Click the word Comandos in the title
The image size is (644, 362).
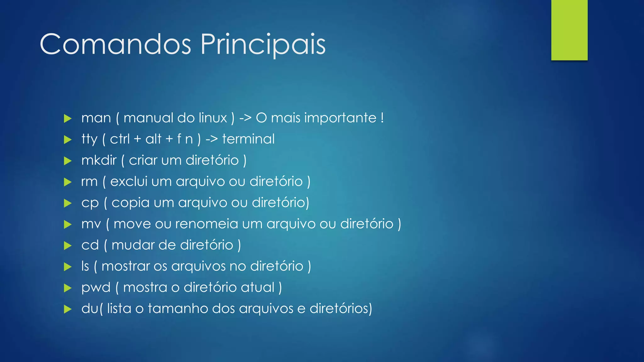pos(115,45)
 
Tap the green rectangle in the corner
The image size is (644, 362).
pos(569,30)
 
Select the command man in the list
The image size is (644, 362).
pos(96,118)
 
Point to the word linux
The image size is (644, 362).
pos(213,118)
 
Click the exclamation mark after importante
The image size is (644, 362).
pos(382,118)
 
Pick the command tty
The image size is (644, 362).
pos(89,139)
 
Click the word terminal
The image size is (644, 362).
pos(248,139)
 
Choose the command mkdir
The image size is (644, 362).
pos(99,160)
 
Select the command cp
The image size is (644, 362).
pos(90,203)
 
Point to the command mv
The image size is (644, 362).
pos(91,224)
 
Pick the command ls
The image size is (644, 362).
pos(85,266)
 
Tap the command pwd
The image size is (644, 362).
pos(96,288)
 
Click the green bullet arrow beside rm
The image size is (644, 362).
pos(68,182)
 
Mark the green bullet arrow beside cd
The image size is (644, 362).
pos(68,245)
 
